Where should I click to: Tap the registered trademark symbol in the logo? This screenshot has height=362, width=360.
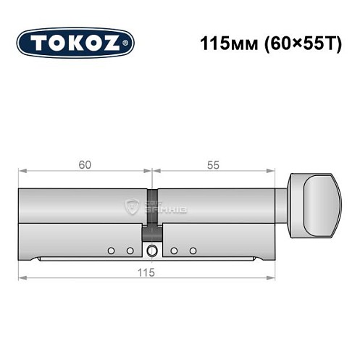coord(127,43)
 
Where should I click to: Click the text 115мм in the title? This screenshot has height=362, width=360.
coord(225,43)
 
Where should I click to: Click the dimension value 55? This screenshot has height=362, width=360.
coord(213,164)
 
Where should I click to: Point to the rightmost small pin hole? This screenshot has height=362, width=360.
coord(193,251)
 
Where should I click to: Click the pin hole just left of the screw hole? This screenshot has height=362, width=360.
coord(130,251)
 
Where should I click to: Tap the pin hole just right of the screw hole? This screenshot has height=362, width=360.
coord(175,251)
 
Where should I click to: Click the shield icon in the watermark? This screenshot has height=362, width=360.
coord(133,206)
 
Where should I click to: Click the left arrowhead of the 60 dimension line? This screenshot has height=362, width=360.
coord(22,172)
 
